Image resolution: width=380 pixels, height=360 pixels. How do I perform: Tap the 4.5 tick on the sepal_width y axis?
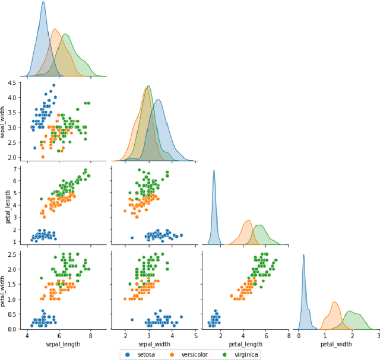click(x=13, y=83)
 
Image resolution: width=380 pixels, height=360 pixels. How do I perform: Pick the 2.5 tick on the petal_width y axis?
click(x=13, y=254)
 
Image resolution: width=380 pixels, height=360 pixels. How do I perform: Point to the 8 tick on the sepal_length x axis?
click(x=90, y=336)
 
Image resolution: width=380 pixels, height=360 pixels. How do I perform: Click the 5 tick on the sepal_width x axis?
click(x=196, y=336)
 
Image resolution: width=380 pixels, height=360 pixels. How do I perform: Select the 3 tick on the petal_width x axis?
click(x=378, y=336)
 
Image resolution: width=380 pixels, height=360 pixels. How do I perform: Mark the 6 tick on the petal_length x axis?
click(x=266, y=336)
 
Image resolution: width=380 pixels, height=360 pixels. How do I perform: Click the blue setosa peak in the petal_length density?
click(x=214, y=171)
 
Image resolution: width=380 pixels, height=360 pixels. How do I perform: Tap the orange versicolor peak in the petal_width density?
click(x=335, y=302)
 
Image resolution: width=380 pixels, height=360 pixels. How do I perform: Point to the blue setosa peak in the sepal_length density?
click(x=43, y=2)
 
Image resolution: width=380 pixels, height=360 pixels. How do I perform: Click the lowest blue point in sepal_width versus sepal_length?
click(x=34, y=148)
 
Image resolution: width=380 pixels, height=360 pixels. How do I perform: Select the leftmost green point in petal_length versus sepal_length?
click(x=41, y=199)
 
